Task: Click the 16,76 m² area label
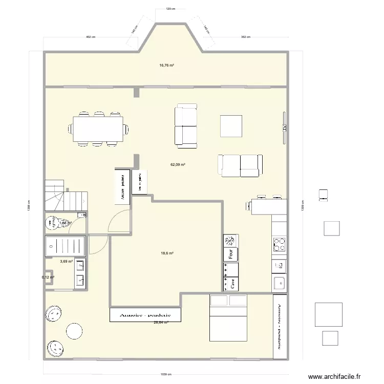pyautogui.click(x=166, y=66)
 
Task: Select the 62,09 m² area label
pyautogui.click(x=178, y=165)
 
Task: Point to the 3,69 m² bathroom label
pyautogui.click(x=66, y=262)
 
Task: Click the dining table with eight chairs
pyautogui.click(x=98, y=129)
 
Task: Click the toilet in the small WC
pyautogui.click(x=52, y=223)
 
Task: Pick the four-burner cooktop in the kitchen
pyautogui.click(x=280, y=244)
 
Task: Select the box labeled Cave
pyautogui.click(x=231, y=284)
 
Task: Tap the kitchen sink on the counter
pyautogui.click(x=280, y=282)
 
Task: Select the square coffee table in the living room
pyautogui.click(x=231, y=126)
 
